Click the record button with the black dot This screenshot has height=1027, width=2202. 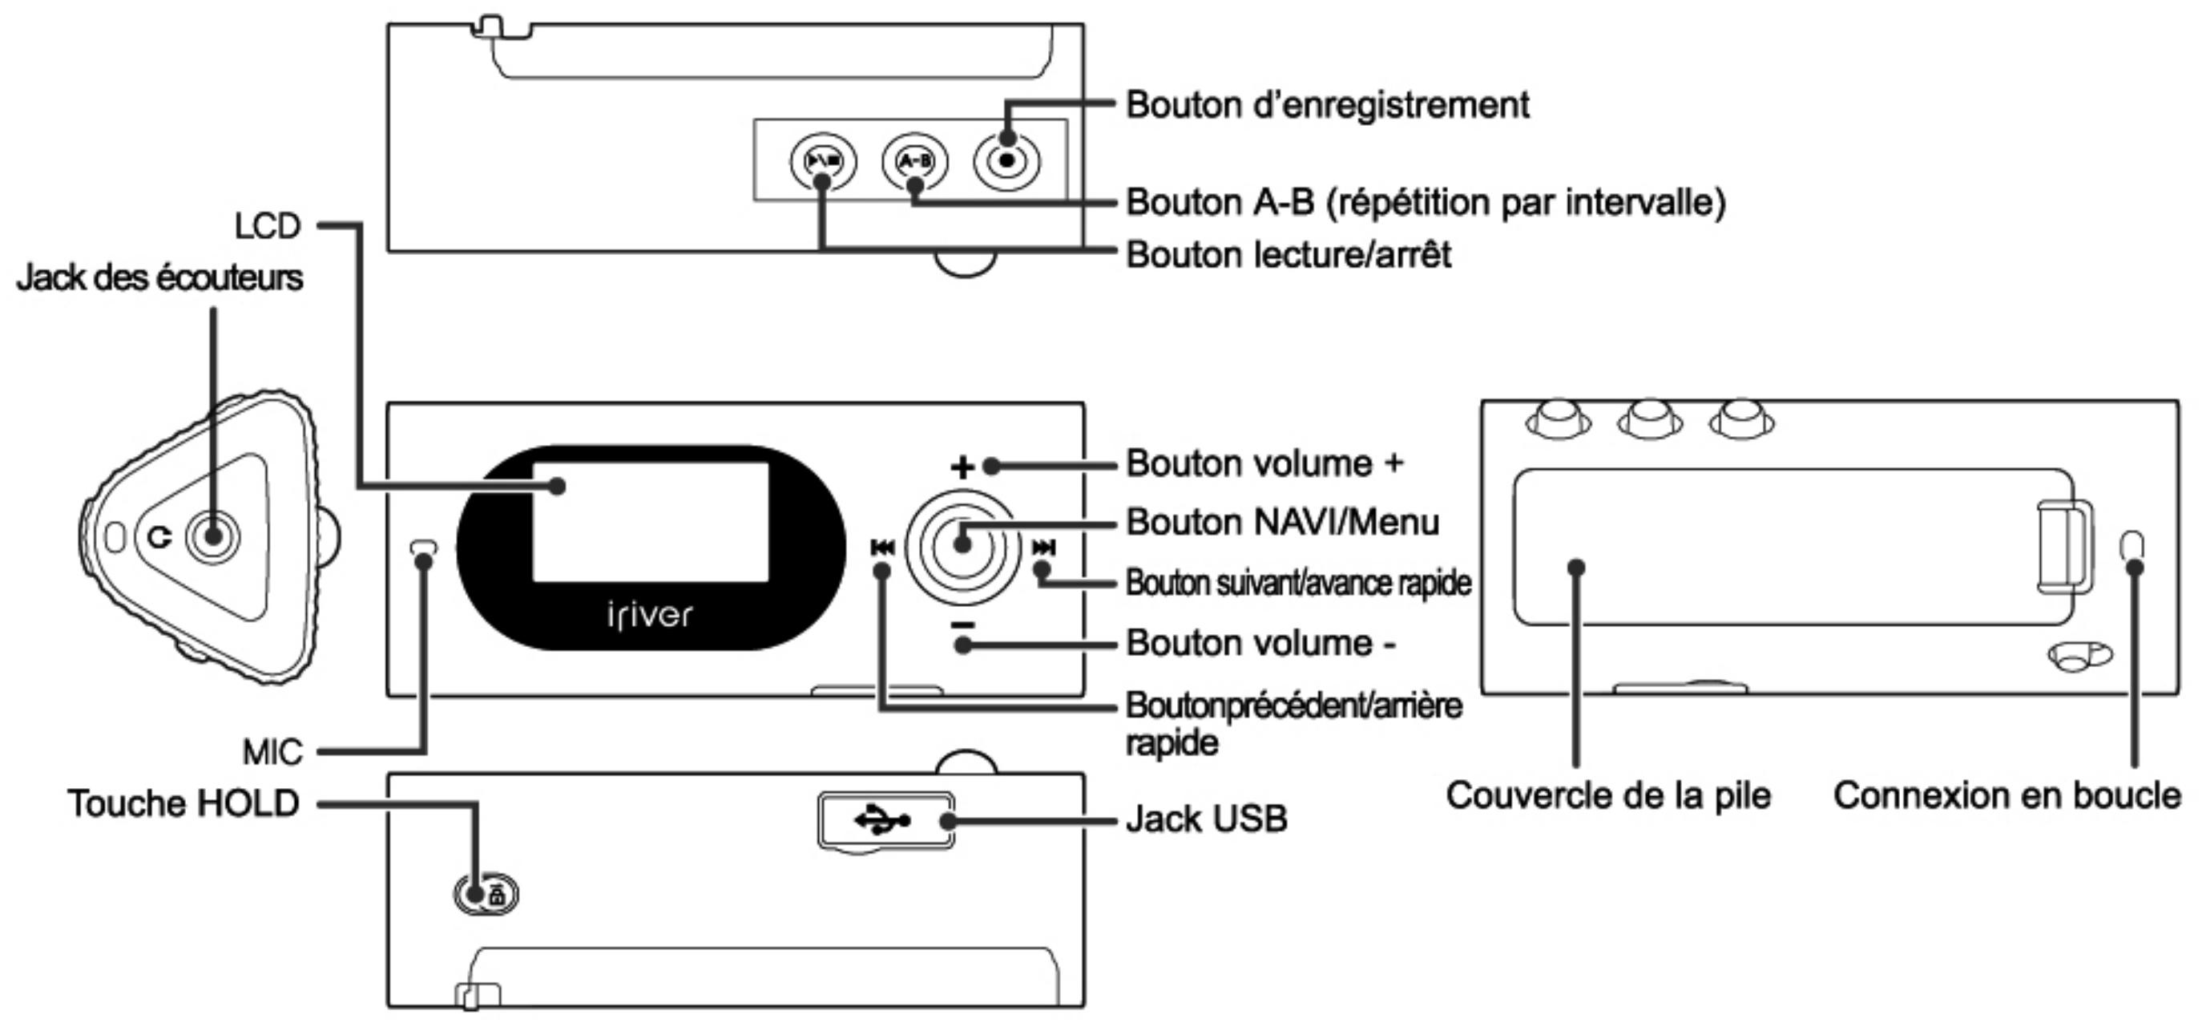point(1007,160)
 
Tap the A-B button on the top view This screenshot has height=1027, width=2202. point(914,160)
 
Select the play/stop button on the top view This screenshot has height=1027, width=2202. point(822,160)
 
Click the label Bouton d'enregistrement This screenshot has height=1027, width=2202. point(1327,105)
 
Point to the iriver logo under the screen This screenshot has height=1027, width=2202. point(650,615)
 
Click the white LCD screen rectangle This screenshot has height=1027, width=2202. point(651,523)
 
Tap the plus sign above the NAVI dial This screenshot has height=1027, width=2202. point(962,467)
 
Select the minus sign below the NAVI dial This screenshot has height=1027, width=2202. point(962,625)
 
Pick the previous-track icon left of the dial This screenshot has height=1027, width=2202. point(882,548)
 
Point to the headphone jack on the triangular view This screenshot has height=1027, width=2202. point(213,537)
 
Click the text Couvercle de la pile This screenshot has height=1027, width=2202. point(1608,795)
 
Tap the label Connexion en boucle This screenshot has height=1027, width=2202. point(2006,795)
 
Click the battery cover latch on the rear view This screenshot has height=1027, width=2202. point(2064,545)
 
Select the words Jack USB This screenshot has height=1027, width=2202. point(1206,819)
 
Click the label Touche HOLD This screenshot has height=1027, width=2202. point(183,803)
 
